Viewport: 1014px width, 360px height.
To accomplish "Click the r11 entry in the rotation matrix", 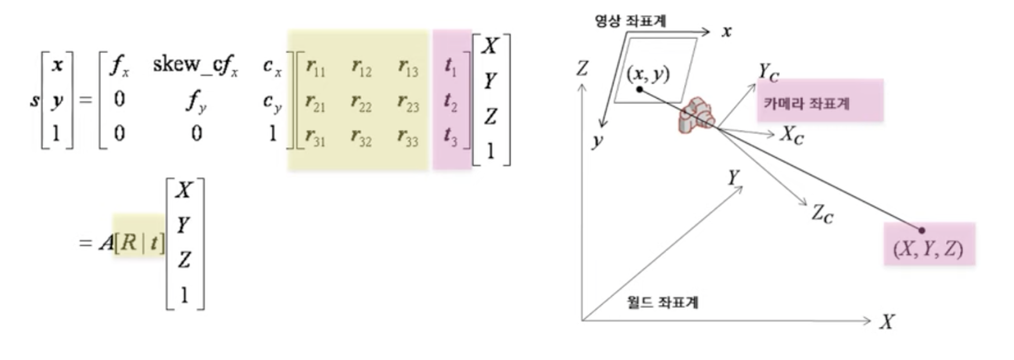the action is pos(315,68).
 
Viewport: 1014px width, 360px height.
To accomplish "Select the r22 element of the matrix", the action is pos(361,102).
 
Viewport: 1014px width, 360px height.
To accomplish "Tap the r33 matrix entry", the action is pos(407,137).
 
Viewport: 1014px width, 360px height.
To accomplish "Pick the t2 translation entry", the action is pos(450,102).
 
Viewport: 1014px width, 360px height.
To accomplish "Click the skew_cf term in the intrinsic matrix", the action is pos(195,65).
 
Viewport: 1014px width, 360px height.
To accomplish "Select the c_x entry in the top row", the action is pos(272,66).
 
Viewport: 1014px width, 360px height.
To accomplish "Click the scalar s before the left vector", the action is pos(35,100).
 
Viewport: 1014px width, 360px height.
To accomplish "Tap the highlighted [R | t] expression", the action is pos(139,242).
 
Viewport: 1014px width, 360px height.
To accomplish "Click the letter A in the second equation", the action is pos(106,242).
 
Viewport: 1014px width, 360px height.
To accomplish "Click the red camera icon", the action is pos(696,117).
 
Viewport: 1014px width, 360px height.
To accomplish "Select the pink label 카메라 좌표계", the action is pos(806,104).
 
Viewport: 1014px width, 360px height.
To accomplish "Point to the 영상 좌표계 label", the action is pos(630,21).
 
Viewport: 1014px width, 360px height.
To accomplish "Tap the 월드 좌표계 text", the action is pos(662,302).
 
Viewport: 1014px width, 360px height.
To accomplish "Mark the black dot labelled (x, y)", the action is pos(639,89).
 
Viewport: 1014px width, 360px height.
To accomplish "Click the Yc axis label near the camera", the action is pos(768,73).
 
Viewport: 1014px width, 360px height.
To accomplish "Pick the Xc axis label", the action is pos(792,135).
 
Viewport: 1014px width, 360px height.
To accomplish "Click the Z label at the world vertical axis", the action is pos(581,69).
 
